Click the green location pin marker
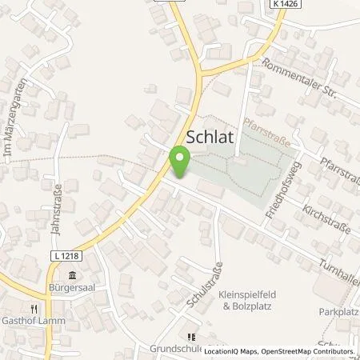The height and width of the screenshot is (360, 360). [x=181, y=162]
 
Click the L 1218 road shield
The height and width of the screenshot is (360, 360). [x=48, y=254]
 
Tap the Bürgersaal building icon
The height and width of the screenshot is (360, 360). [x=73, y=275]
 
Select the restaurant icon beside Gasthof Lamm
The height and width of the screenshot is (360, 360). [x=34, y=307]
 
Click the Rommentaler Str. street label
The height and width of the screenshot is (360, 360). [x=298, y=86]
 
